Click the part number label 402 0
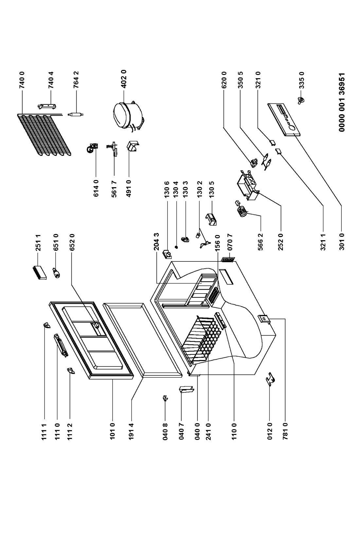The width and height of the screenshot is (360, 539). coord(124,80)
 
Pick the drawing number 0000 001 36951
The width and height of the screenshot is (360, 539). coord(342,102)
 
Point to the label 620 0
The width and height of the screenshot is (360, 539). coord(224,80)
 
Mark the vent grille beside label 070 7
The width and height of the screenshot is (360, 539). coord(228,260)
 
